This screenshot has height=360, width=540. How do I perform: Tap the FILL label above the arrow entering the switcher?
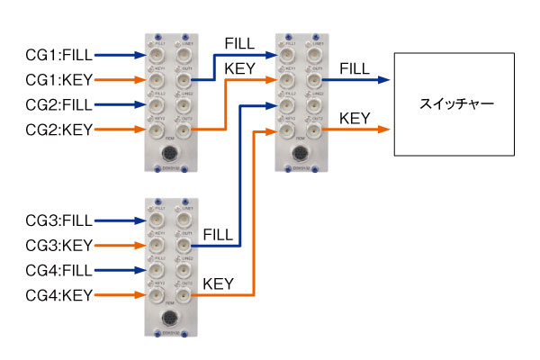pos(355,67)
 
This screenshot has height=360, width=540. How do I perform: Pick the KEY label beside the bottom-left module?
pos(219,284)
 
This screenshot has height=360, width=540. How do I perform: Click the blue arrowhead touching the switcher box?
pos(386,79)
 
